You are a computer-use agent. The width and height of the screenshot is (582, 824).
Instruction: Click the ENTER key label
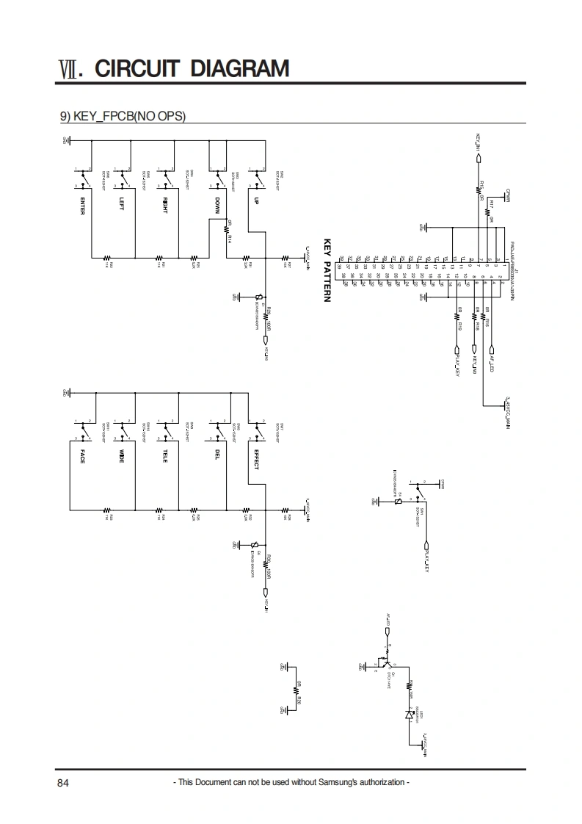82,206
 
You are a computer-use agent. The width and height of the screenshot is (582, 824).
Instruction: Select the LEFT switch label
122,204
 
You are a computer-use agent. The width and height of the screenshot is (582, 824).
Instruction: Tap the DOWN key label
217,204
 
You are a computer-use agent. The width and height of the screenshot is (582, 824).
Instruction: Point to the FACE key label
83,455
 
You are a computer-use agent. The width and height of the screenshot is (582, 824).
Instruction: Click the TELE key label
165,455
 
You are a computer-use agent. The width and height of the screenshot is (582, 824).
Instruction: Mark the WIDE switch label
122,455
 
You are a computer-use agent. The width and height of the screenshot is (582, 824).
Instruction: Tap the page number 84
63,783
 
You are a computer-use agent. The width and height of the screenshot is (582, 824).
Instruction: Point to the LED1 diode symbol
409,713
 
